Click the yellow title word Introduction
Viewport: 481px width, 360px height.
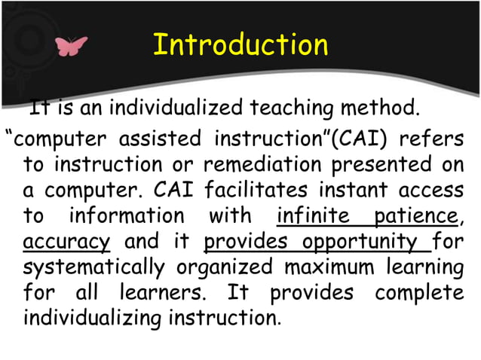tap(240, 44)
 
